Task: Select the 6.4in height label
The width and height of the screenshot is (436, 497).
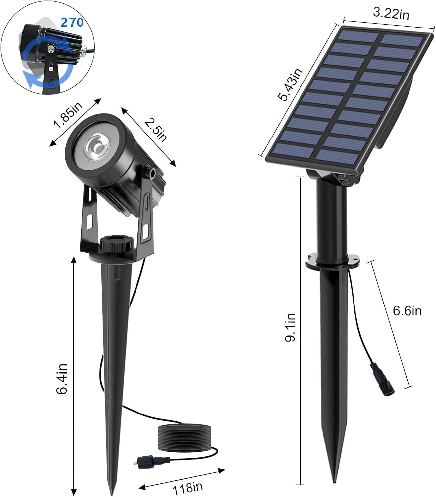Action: click(62, 378)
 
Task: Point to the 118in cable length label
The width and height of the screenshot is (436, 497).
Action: click(188, 487)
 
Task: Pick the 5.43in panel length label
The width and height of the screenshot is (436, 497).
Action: click(290, 85)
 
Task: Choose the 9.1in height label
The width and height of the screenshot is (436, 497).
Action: click(290, 327)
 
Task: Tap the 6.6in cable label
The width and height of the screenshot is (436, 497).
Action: click(407, 311)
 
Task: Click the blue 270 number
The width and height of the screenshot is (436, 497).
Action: click(72, 22)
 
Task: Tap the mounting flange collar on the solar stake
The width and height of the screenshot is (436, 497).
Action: click(332, 260)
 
